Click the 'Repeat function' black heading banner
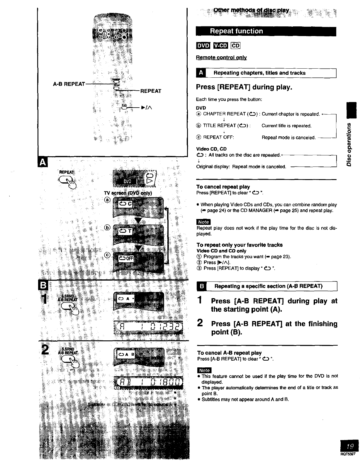coord(266,31)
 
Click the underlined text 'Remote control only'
coord(221,58)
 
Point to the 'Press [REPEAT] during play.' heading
coord(244,87)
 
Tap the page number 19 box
coord(349,446)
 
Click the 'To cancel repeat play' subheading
coord(223,187)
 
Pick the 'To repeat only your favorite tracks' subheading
coord(240,245)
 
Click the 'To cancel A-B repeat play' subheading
coord(229,353)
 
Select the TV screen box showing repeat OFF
coord(126,258)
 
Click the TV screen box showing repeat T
coord(125,232)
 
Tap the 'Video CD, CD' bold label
coord(211,149)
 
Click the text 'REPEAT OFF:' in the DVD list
coord(218,137)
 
